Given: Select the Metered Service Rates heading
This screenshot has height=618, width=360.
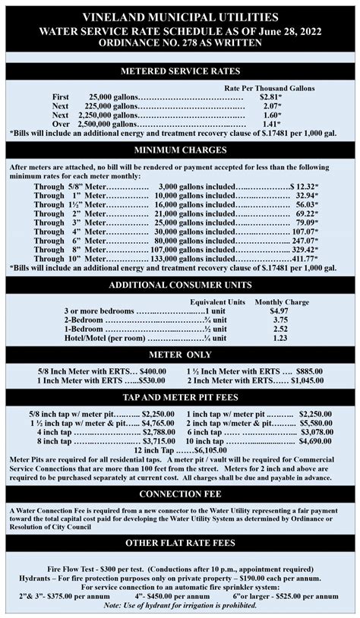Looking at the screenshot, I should coord(180,71).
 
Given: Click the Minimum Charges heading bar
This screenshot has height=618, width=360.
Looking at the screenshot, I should coord(180,150).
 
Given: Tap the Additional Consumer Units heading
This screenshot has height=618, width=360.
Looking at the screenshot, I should coord(180,285).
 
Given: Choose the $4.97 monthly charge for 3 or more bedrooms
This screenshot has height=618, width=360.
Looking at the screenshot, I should coord(279,311).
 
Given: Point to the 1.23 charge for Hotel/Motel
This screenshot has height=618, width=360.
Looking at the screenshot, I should coord(279,339).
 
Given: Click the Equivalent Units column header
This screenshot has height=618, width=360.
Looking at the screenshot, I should coord(216,302).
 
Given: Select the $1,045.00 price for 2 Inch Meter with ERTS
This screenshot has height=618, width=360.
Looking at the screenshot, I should coord(312,380).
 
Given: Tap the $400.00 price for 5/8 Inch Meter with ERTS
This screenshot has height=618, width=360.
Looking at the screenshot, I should coord(147,370).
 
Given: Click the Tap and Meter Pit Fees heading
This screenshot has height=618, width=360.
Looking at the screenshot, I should coord(180,397).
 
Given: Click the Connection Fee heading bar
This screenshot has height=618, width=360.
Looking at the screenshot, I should coord(180,494).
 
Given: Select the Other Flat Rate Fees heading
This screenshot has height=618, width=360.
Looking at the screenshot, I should coord(180,544).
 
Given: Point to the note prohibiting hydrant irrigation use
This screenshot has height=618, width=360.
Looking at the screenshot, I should coord(180,604).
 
